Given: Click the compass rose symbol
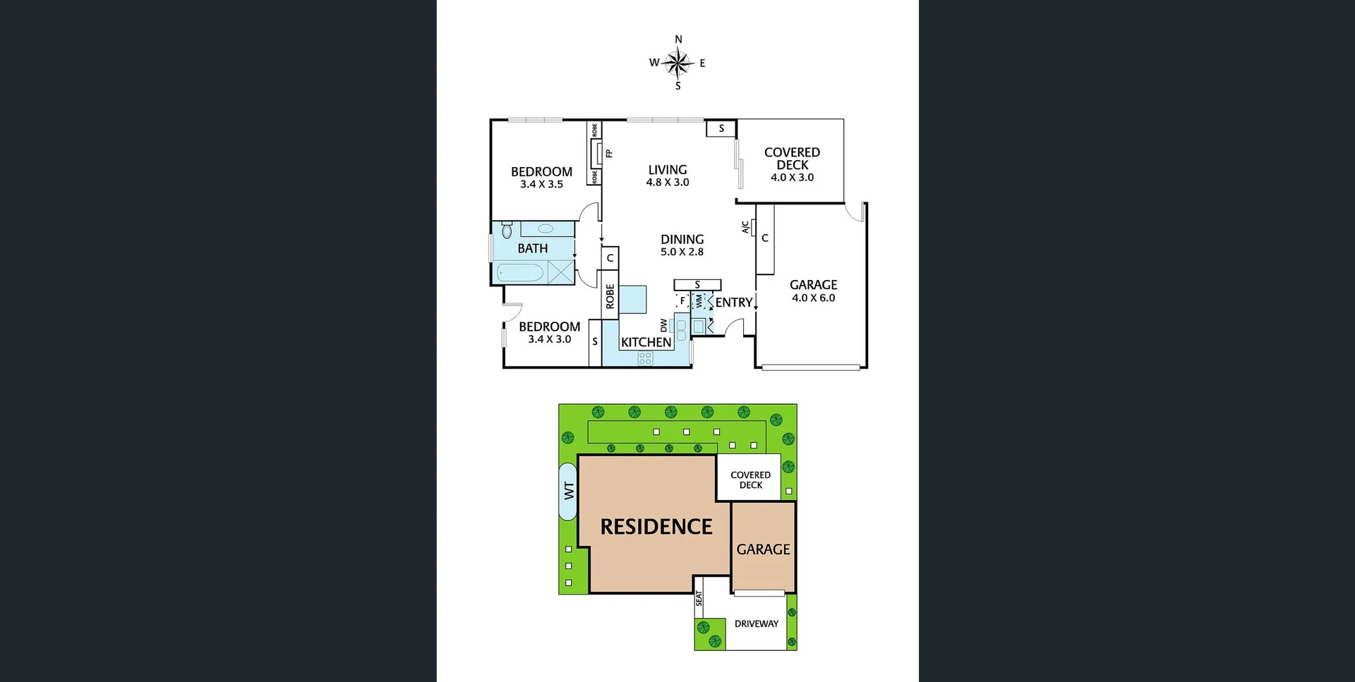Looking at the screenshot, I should point(678,63).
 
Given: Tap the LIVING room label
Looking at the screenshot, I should point(668,170).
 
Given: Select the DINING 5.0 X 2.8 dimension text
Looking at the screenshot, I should point(682,252).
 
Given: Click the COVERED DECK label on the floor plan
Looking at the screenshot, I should point(792,159).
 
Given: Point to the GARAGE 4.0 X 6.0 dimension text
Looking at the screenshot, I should point(813,298).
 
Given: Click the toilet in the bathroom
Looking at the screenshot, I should point(507,231).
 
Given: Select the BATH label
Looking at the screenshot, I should point(532,248).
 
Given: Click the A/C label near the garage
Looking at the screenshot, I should point(745,227).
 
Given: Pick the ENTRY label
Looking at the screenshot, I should point(733,303).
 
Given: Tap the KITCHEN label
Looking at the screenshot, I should point(646,343).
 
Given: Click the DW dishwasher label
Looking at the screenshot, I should point(664,325).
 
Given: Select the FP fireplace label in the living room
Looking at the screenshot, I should point(609,153).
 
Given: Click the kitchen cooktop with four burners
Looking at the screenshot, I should point(645,358).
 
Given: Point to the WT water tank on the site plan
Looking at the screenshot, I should point(568,491).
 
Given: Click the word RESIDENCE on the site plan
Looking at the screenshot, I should point(656,527).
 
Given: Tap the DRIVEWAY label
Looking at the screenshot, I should point(756,624).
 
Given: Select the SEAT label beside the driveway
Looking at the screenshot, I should point(699,599).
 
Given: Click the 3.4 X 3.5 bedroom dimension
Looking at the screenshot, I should point(541,185).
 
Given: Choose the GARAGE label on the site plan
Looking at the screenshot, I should point(763,549).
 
